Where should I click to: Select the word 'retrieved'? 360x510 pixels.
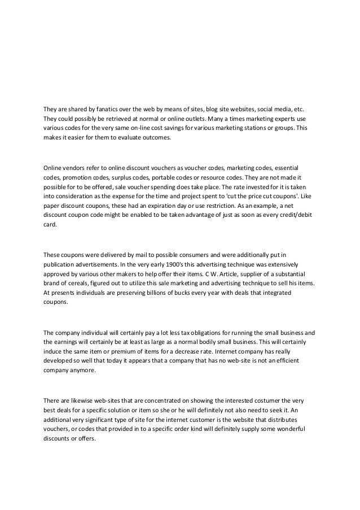[113, 119]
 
